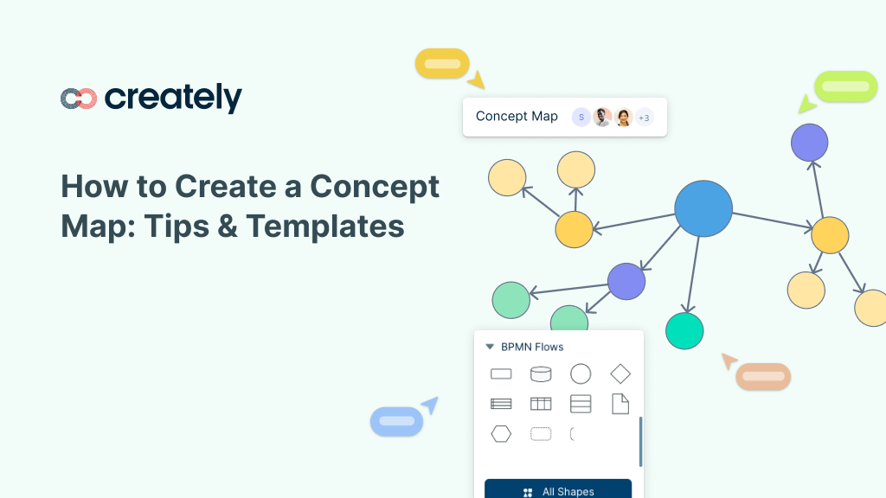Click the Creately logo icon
point(79,99)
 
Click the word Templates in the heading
point(325,227)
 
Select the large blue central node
point(703,208)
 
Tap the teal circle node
point(684,331)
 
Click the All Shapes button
point(558,489)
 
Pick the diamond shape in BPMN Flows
point(620,373)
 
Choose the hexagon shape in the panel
point(501,434)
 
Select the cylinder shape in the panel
point(541,373)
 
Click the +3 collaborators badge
point(644,118)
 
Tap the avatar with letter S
point(581,118)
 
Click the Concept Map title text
point(517,117)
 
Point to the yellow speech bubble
point(442,64)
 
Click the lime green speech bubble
point(846,86)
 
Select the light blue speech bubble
point(396,421)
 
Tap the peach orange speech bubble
point(763,377)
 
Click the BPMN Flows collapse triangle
point(490,347)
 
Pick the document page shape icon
point(620,404)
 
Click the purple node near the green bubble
point(809,143)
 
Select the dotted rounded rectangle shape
point(541,434)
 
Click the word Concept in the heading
point(375,187)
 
